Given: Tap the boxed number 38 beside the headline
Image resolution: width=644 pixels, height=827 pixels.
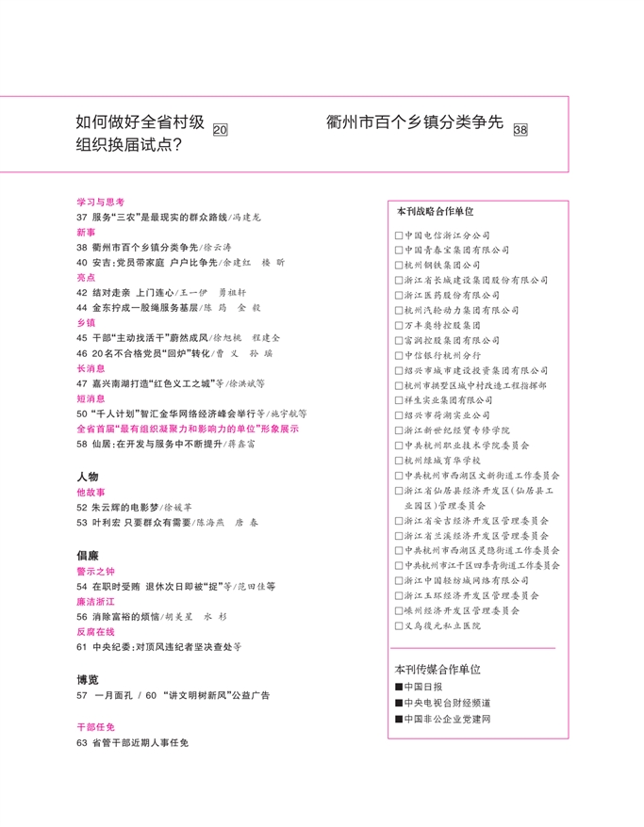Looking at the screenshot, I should click(x=520, y=130).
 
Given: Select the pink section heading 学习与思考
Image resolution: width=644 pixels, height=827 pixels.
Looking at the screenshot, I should click(x=101, y=202).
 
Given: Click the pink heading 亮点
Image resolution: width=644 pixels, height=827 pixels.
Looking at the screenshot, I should click(x=86, y=278).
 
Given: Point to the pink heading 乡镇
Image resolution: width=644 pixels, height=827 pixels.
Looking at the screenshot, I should click(x=86, y=322).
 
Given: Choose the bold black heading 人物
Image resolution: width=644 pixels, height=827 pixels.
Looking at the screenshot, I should click(x=88, y=478).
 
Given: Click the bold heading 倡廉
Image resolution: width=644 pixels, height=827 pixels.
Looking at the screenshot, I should click(x=88, y=556).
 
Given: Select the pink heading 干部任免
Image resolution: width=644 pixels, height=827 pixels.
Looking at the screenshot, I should click(x=95, y=727).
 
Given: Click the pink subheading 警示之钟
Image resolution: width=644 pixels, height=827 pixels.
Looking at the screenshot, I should click(x=95, y=571).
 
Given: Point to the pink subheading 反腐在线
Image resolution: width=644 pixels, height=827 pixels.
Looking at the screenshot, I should click(x=95, y=632).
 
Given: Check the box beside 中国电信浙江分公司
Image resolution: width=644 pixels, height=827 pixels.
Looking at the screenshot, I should click(x=399, y=235).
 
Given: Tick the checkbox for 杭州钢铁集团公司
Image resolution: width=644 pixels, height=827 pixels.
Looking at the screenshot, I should click(x=399, y=266).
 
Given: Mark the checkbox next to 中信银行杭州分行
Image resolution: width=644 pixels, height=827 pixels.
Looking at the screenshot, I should click(x=399, y=355).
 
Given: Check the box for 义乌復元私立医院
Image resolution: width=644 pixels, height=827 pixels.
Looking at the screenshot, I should click(x=399, y=625).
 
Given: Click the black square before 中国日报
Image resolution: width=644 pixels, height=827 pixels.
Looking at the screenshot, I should click(x=399, y=687).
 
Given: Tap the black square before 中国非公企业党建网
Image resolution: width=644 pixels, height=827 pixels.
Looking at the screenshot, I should click(x=399, y=719).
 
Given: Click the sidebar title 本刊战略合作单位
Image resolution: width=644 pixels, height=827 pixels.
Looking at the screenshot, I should click(x=435, y=212).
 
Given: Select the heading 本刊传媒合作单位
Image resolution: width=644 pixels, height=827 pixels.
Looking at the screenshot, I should click(x=438, y=669).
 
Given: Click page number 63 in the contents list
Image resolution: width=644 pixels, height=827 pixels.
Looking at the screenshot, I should click(x=82, y=743).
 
